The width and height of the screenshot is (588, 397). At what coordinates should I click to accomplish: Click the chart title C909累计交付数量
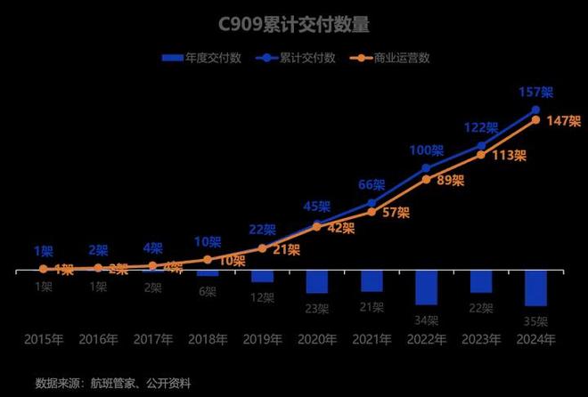294,24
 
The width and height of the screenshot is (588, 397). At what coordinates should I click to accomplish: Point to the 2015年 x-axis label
44,340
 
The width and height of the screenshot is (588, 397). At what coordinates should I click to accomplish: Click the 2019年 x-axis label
262,340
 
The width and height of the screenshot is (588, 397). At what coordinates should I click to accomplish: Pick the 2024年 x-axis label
535,340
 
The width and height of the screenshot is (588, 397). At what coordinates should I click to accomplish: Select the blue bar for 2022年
427,287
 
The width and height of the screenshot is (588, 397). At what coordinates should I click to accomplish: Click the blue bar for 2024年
535,288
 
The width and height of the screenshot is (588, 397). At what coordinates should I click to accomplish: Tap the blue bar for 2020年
317,280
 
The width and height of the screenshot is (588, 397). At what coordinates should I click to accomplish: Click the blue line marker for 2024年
535,109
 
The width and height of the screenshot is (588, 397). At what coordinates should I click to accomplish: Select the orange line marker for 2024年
535,119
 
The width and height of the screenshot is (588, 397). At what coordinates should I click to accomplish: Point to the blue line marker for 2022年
427,167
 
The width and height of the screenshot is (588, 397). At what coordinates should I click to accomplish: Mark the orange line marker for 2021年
372,211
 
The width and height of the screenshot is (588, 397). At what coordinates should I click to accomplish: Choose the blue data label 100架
426,150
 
